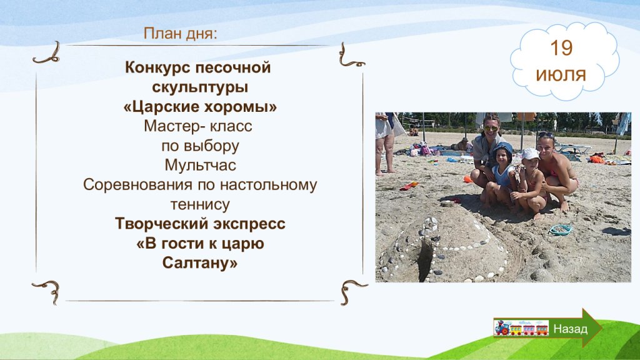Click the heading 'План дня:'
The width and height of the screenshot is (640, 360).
point(181,34)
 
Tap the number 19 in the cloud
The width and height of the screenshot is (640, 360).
point(561,48)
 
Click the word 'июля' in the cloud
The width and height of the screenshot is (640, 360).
point(561,75)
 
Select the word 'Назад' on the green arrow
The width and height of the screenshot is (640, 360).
point(570,329)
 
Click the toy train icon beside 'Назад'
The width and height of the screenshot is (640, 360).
point(521,328)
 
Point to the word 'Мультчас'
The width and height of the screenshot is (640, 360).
point(200,165)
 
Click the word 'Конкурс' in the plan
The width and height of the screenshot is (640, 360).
point(157,67)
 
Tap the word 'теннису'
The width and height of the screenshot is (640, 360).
point(200,204)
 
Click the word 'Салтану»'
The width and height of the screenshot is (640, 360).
point(200,263)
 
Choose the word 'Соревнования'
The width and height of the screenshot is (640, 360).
point(138,185)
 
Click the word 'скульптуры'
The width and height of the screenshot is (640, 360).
point(200,87)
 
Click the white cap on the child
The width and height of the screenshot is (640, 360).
point(530,154)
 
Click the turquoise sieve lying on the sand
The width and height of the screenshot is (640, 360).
point(561,230)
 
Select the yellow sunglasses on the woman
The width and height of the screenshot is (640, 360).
point(491,129)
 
